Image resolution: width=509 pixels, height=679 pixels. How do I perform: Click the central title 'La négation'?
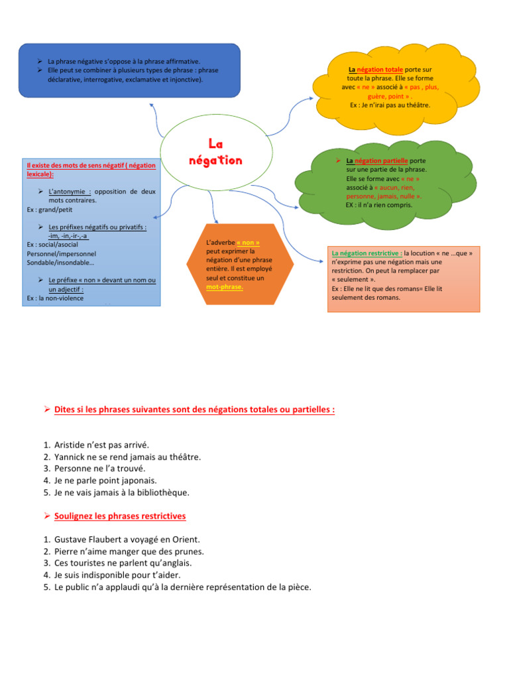[215, 152]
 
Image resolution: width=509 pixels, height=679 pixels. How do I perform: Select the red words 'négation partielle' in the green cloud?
[382, 161]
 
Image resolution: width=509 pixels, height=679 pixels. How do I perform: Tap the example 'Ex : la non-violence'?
[56, 298]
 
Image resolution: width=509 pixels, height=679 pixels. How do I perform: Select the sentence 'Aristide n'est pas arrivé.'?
[106, 445]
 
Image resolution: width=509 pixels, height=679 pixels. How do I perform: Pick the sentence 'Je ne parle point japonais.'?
[110, 481]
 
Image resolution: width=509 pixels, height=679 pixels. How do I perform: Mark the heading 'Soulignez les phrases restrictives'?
[120, 516]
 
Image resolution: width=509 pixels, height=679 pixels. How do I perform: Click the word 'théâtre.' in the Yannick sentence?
[184, 457]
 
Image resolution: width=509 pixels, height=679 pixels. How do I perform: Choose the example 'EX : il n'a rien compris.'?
[378, 205]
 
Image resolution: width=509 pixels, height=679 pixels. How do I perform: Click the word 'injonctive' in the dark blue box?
[182, 80]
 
